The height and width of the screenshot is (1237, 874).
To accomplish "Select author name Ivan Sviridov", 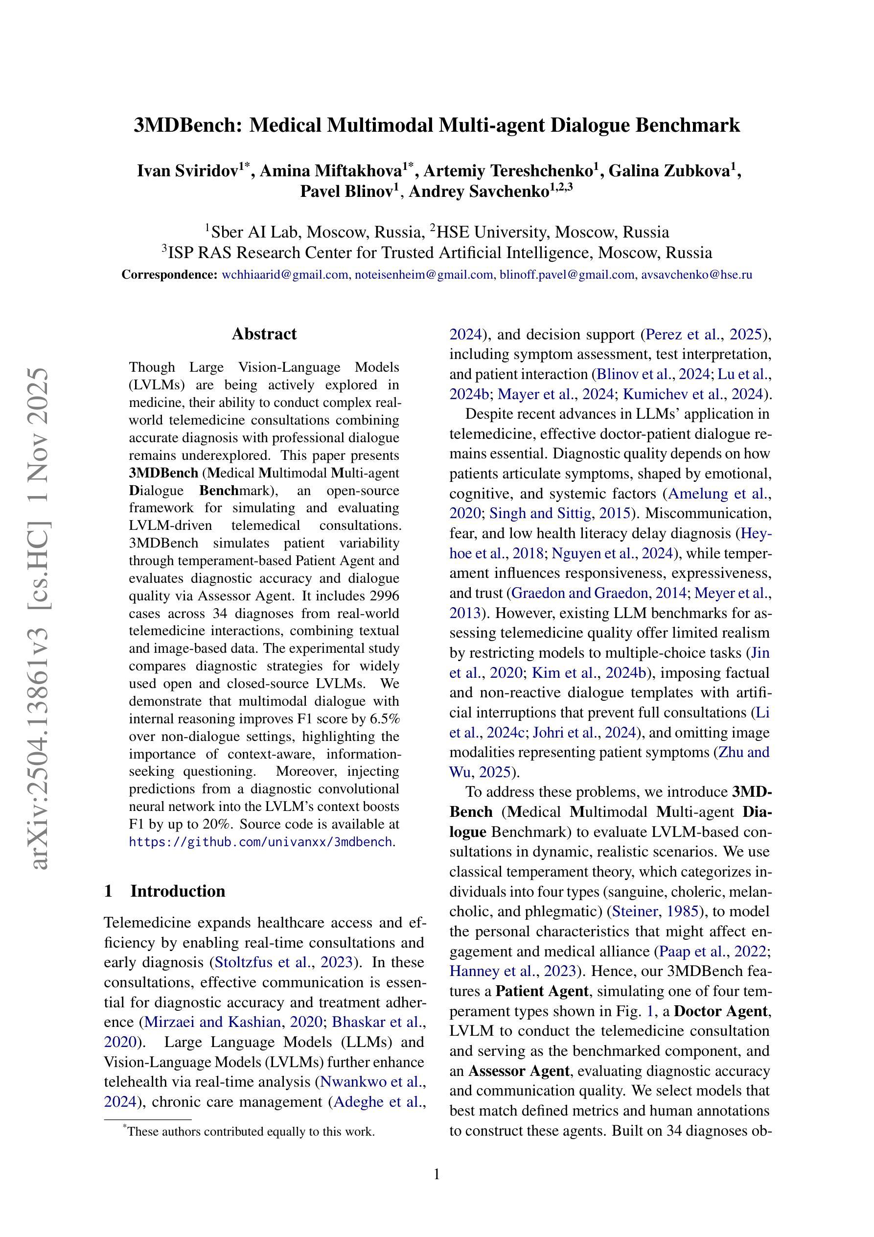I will tap(188, 171).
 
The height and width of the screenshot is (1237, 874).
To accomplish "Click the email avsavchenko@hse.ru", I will tap(696, 275).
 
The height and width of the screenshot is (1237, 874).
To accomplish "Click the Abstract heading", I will tap(264, 334).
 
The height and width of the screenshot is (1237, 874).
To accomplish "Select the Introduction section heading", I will tap(177, 891).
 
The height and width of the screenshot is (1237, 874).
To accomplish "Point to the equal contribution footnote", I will tap(251, 1131).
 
